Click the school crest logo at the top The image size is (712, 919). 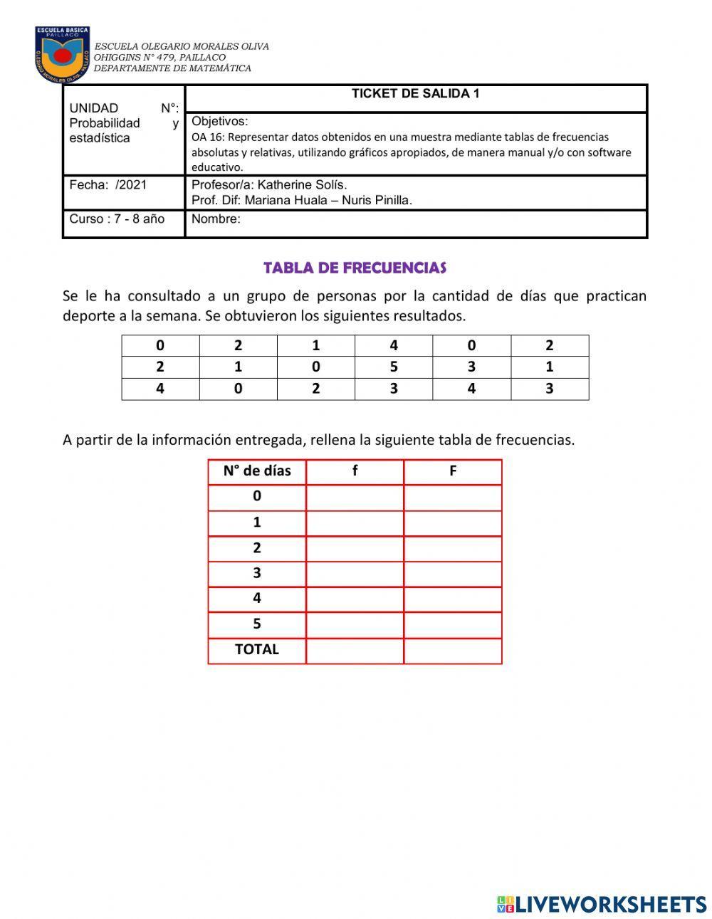pyautogui.click(x=63, y=54)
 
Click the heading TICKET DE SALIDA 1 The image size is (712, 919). pyautogui.click(x=415, y=94)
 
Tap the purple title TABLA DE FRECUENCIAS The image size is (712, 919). pyautogui.click(x=355, y=268)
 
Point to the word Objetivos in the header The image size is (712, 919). pyautogui.click(x=219, y=121)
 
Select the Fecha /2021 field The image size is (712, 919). pyautogui.click(x=108, y=185)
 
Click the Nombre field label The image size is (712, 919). pyautogui.click(x=216, y=219)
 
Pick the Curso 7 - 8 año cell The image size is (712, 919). pyautogui.click(x=117, y=219)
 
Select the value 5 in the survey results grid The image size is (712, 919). pyautogui.click(x=394, y=367)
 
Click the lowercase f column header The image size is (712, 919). pyautogui.click(x=355, y=471)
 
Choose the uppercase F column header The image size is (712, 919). pyautogui.click(x=453, y=471)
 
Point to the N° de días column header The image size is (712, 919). pyautogui.click(x=257, y=471)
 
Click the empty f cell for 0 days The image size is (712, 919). pyautogui.click(x=355, y=497)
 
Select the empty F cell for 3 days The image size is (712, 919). pyautogui.click(x=453, y=574)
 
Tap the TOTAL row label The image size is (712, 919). pyautogui.click(x=257, y=650)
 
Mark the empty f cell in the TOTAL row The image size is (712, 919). pyautogui.click(x=355, y=651)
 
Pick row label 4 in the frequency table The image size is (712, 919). pyautogui.click(x=257, y=599)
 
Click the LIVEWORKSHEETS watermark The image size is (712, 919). pyautogui.click(x=602, y=904)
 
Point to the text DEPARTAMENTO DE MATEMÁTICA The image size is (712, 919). pyautogui.click(x=172, y=69)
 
